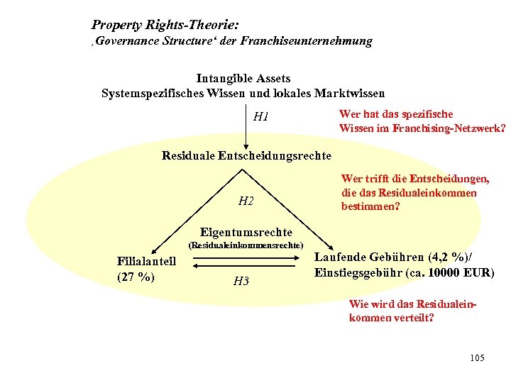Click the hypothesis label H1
[x=261, y=116]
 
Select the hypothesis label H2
[x=246, y=201]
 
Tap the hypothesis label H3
[x=241, y=281]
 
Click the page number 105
[x=477, y=357]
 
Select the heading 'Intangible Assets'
[x=243, y=79]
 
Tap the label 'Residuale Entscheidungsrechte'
[x=246, y=155]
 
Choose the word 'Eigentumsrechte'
[x=246, y=232]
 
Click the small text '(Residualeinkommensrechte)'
[x=246, y=245]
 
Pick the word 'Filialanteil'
[x=146, y=262]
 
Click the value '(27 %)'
[x=135, y=277]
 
